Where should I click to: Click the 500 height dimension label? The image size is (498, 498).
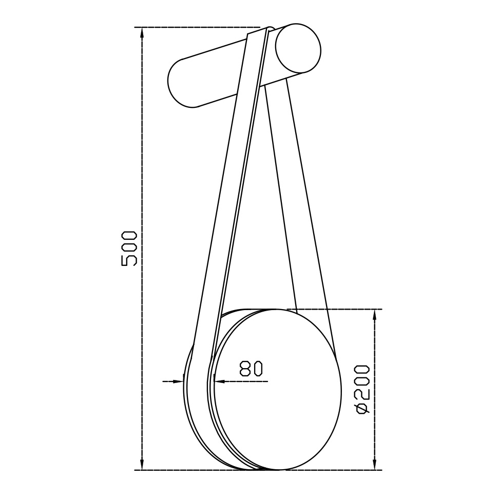click(x=129, y=248)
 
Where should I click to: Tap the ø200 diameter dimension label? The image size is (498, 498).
click(x=362, y=389)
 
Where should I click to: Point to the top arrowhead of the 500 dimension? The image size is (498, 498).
click(x=142, y=34)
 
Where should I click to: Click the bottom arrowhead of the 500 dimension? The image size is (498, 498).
click(x=142, y=463)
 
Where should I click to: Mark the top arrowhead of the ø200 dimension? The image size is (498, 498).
click(x=375, y=316)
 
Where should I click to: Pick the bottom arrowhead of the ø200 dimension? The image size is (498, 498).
click(x=375, y=463)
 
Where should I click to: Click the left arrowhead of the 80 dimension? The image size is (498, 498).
click(x=179, y=381)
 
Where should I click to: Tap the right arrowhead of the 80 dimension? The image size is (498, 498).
click(x=220, y=381)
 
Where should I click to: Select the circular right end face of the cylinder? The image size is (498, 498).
click(x=298, y=48)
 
